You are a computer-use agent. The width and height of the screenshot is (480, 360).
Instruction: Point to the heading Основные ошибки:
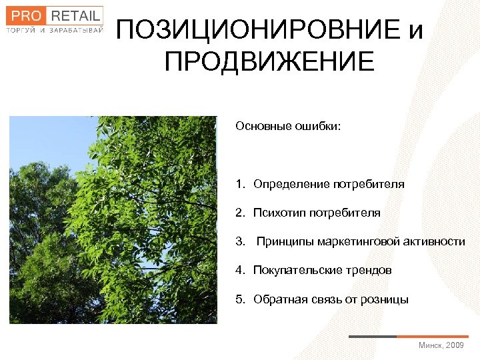[287, 126]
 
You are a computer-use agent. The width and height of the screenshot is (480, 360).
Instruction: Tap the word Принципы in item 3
[285, 241]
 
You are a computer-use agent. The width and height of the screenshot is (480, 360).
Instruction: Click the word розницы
[385, 299]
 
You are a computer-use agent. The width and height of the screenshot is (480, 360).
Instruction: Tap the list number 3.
[239, 241]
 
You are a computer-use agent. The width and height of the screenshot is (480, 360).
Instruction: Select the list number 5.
[239, 299]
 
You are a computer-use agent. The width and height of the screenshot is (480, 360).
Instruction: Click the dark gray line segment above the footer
[373, 336]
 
